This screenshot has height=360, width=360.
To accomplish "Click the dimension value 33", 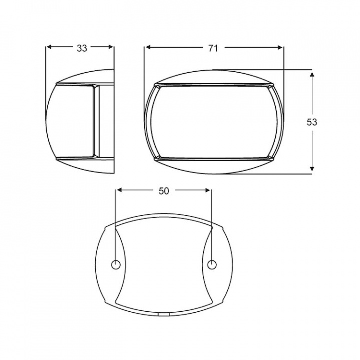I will [x=82, y=48].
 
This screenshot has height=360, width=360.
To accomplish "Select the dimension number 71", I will [x=213, y=48].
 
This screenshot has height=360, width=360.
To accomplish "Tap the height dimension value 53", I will [x=312, y=122].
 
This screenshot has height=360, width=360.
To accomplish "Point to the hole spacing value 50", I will [x=163, y=190].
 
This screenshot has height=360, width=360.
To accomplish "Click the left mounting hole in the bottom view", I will [x=115, y=264].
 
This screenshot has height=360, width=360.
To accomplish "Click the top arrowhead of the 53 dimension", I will [x=312, y=74].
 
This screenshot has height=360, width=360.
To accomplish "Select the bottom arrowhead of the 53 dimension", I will [x=312, y=170].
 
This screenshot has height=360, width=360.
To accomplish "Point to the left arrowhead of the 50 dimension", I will [x=119, y=190].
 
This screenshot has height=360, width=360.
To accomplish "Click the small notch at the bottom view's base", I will [x=163, y=315].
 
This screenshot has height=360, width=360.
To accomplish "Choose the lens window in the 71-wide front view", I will [x=214, y=122].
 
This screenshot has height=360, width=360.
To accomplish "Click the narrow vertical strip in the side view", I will [x=96, y=122].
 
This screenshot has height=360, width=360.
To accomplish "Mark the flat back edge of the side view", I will [x=114, y=122].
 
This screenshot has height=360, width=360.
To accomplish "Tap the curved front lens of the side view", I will [x=70, y=122].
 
